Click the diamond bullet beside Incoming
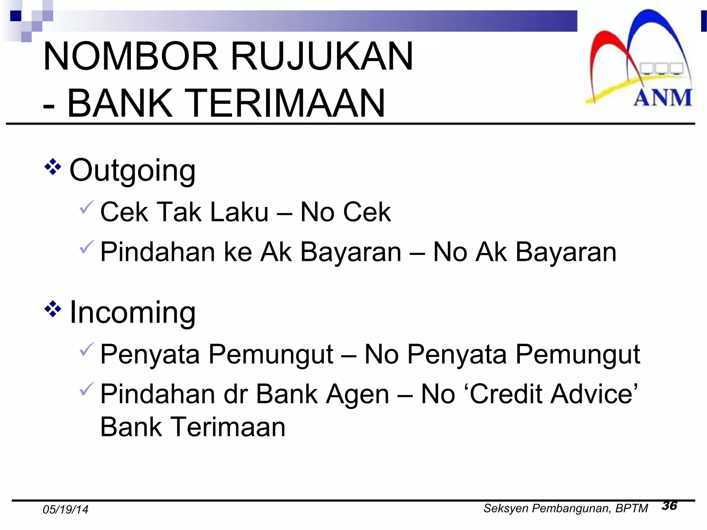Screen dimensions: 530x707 [53, 309]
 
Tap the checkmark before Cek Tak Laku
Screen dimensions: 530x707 [86, 207]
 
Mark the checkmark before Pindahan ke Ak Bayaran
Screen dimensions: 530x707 [86, 247]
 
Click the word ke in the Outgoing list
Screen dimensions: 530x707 [238, 252]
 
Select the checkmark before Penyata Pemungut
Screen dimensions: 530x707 [86, 349]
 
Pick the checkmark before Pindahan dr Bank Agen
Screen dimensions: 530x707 [86, 389]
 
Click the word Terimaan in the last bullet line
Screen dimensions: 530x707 [228, 427]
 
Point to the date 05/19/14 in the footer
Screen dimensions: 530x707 [65, 510]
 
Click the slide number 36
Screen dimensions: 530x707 [669, 506]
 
